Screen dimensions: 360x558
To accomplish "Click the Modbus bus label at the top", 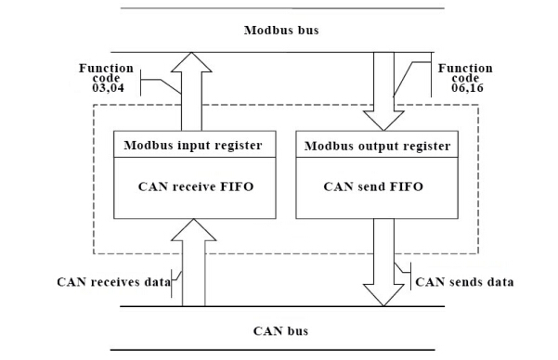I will pos(279,30).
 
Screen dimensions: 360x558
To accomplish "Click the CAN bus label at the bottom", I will pos(280,331).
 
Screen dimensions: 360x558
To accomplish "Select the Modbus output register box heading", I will pos(374,146).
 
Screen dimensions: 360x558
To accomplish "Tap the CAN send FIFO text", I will pos(373,186).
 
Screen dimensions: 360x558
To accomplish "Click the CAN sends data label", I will pos(462,280).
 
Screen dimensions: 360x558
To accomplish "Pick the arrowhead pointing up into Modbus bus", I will pos(191,59).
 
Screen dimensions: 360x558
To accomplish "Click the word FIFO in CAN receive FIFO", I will pos(236,186).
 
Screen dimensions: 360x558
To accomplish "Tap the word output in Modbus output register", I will pos(381,146).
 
